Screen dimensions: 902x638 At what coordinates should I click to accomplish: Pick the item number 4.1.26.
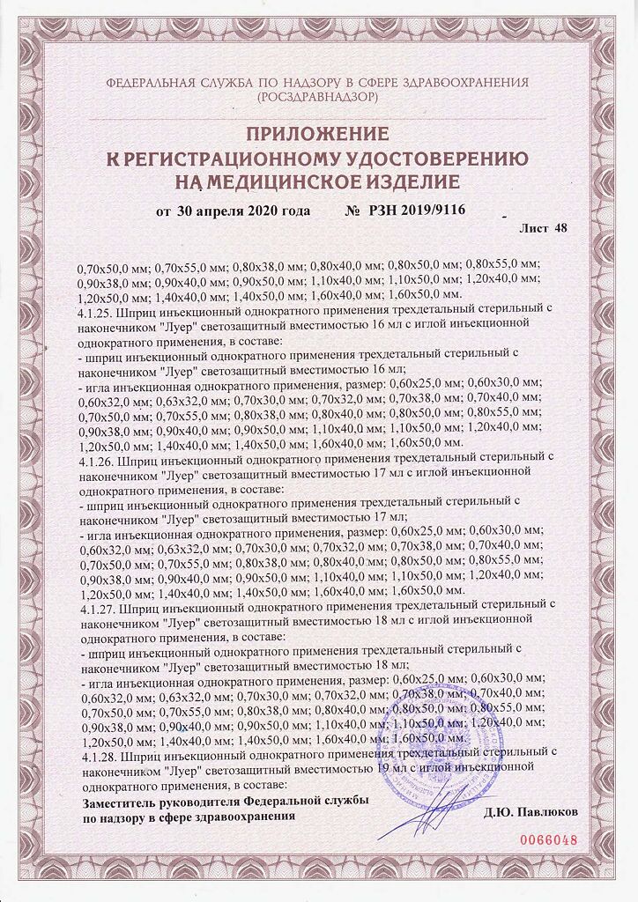click(x=96, y=458)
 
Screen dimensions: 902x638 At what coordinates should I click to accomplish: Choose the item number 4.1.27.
click(x=96, y=606)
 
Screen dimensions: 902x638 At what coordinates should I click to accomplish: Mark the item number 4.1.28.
click(x=96, y=755)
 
